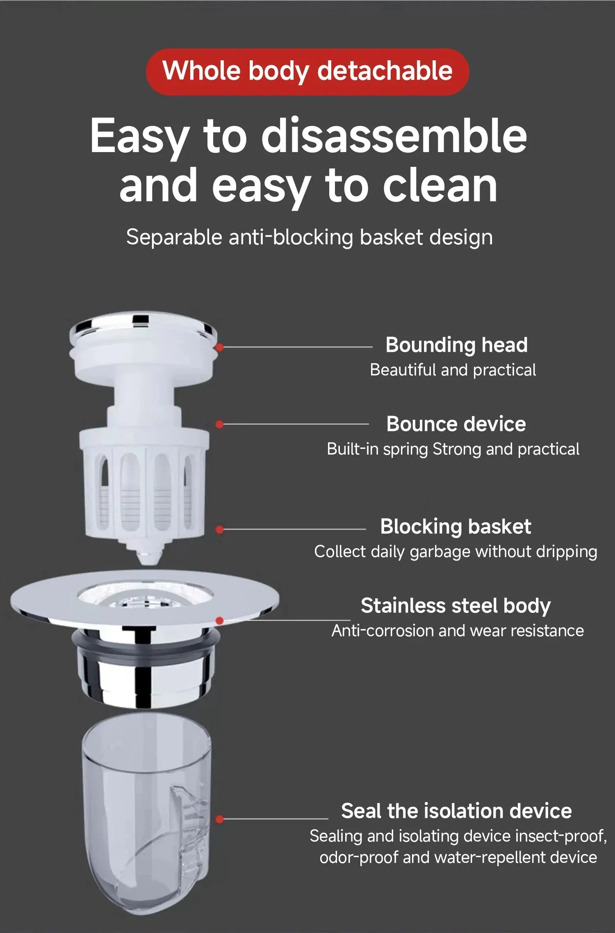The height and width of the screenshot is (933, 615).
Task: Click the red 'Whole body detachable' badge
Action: pos(307,72)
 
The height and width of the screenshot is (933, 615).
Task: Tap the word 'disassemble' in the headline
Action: pos(394,136)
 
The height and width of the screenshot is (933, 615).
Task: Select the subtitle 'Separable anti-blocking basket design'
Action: pos(309,237)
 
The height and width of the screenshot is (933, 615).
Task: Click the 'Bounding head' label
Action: pos(456,345)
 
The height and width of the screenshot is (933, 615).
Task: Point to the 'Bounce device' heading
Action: pos(456,424)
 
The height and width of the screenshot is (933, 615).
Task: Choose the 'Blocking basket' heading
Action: pos(456,526)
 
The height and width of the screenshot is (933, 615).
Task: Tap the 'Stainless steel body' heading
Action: pos(456,605)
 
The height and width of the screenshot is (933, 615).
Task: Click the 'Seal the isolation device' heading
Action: pos(456,811)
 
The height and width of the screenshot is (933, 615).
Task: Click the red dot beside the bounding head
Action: pos(220,348)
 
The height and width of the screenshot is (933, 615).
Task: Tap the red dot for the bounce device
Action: pos(219,424)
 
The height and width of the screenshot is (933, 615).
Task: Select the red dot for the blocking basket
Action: pos(219,530)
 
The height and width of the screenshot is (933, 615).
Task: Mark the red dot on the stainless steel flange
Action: pos(220,621)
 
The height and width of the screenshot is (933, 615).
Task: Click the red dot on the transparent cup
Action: pos(219,819)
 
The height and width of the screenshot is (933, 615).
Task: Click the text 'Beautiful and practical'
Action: pos(453,370)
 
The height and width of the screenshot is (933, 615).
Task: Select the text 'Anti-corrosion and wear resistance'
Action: pos(458,631)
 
